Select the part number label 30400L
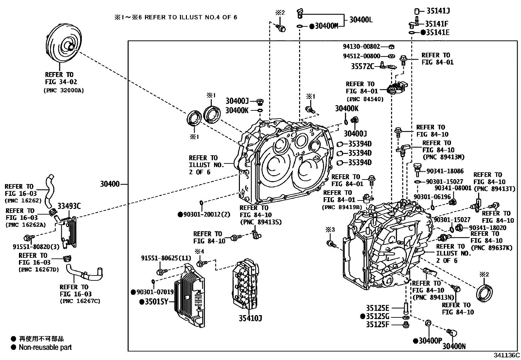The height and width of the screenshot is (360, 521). click(361, 20)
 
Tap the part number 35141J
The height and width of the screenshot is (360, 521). click(438, 11)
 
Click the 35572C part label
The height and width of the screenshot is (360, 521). click(362, 66)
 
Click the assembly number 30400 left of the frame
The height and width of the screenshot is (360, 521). click(110, 184)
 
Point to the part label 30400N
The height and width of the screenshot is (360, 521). click(454, 346)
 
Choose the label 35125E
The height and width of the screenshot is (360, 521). click(377, 308)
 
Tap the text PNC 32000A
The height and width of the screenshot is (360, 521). click(63, 90)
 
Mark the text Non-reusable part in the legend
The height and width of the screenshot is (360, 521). click(45, 347)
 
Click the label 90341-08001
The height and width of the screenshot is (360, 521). click(453, 188)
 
